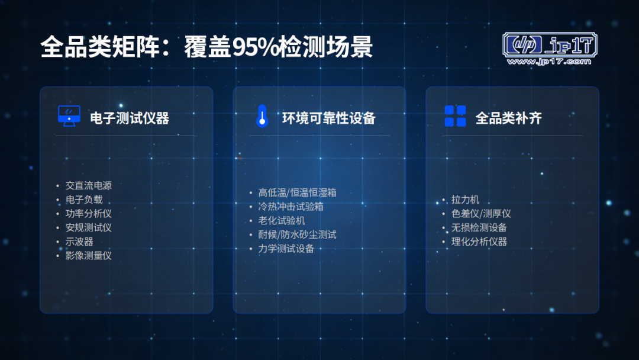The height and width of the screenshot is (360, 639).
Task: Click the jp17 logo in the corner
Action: pyautogui.click(x=550, y=49)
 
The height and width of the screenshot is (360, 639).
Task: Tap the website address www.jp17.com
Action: pyautogui.click(x=549, y=62)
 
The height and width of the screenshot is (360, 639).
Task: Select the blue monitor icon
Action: pyautogui.click(x=69, y=116)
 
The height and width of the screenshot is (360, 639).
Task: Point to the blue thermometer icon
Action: pyautogui.click(x=262, y=116)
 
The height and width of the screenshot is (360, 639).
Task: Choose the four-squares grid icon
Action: pyautogui.click(x=455, y=116)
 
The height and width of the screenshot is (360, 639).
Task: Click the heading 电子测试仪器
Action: pyautogui.click(x=130, y=118)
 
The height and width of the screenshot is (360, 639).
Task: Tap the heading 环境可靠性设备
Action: pyautogui.click(x=329, y=118)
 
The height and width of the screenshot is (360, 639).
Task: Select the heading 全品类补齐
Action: pyautogui.click(x=509, y=118)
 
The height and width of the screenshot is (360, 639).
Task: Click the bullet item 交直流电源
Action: pyautogui.click(x=88, y=186)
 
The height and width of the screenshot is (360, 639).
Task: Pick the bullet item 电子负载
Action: pyautogui.click(x=84, y=200)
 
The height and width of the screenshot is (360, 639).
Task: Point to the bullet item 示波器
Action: pyautogui.click(x=79, y=242)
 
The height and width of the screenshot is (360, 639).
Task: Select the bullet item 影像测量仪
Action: pyautogui.click(x=88, y=256)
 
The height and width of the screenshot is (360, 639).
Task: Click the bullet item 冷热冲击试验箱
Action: pyautogui.click(x=291, y=207)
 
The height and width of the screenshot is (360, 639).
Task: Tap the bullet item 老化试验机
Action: pyautogui.click(x=282, y=221)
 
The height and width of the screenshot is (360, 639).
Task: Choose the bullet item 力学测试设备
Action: pyautogui.click(x=286, y=249)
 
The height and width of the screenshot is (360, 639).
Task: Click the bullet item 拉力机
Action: pyautogui.click(x=465, y=200)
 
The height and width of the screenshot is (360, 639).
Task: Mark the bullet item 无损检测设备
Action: pyautogui.click(x=479, y=227)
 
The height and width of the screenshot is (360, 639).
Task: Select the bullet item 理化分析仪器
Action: pyautogui.click(x=479, y=242)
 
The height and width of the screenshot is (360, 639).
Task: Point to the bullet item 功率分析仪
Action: pyautogui.click(x=88, y=214)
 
